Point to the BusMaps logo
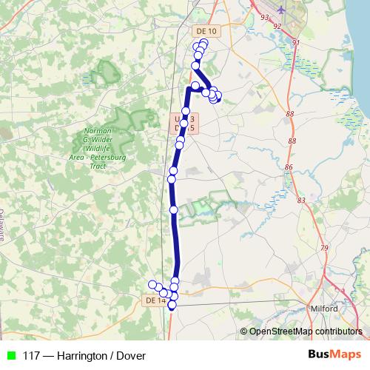click(334, 354)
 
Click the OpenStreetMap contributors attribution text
click(305, 332)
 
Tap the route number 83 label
click(300, 200)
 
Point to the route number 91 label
click(296, 43)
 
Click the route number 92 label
click(277, 27)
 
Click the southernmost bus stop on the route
click(172, 305)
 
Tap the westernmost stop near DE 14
click(152, 285)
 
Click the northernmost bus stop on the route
click(203, 43)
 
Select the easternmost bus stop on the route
click(218, 95)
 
